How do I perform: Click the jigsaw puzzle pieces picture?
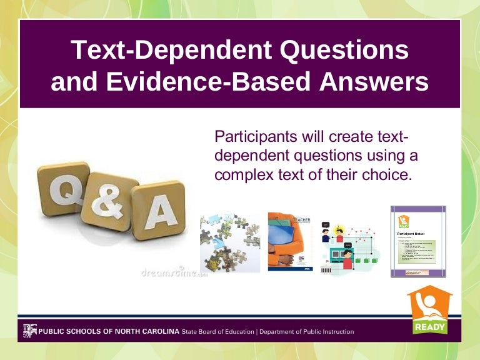pyautogui.click(x=230, y=243)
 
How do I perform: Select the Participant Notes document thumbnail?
pyautogui.click(x=418, y=241)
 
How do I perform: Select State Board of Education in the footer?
pyautogui.click(x=218, y=331)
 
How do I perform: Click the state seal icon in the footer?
pyautogui.click(x=29, y=331)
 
